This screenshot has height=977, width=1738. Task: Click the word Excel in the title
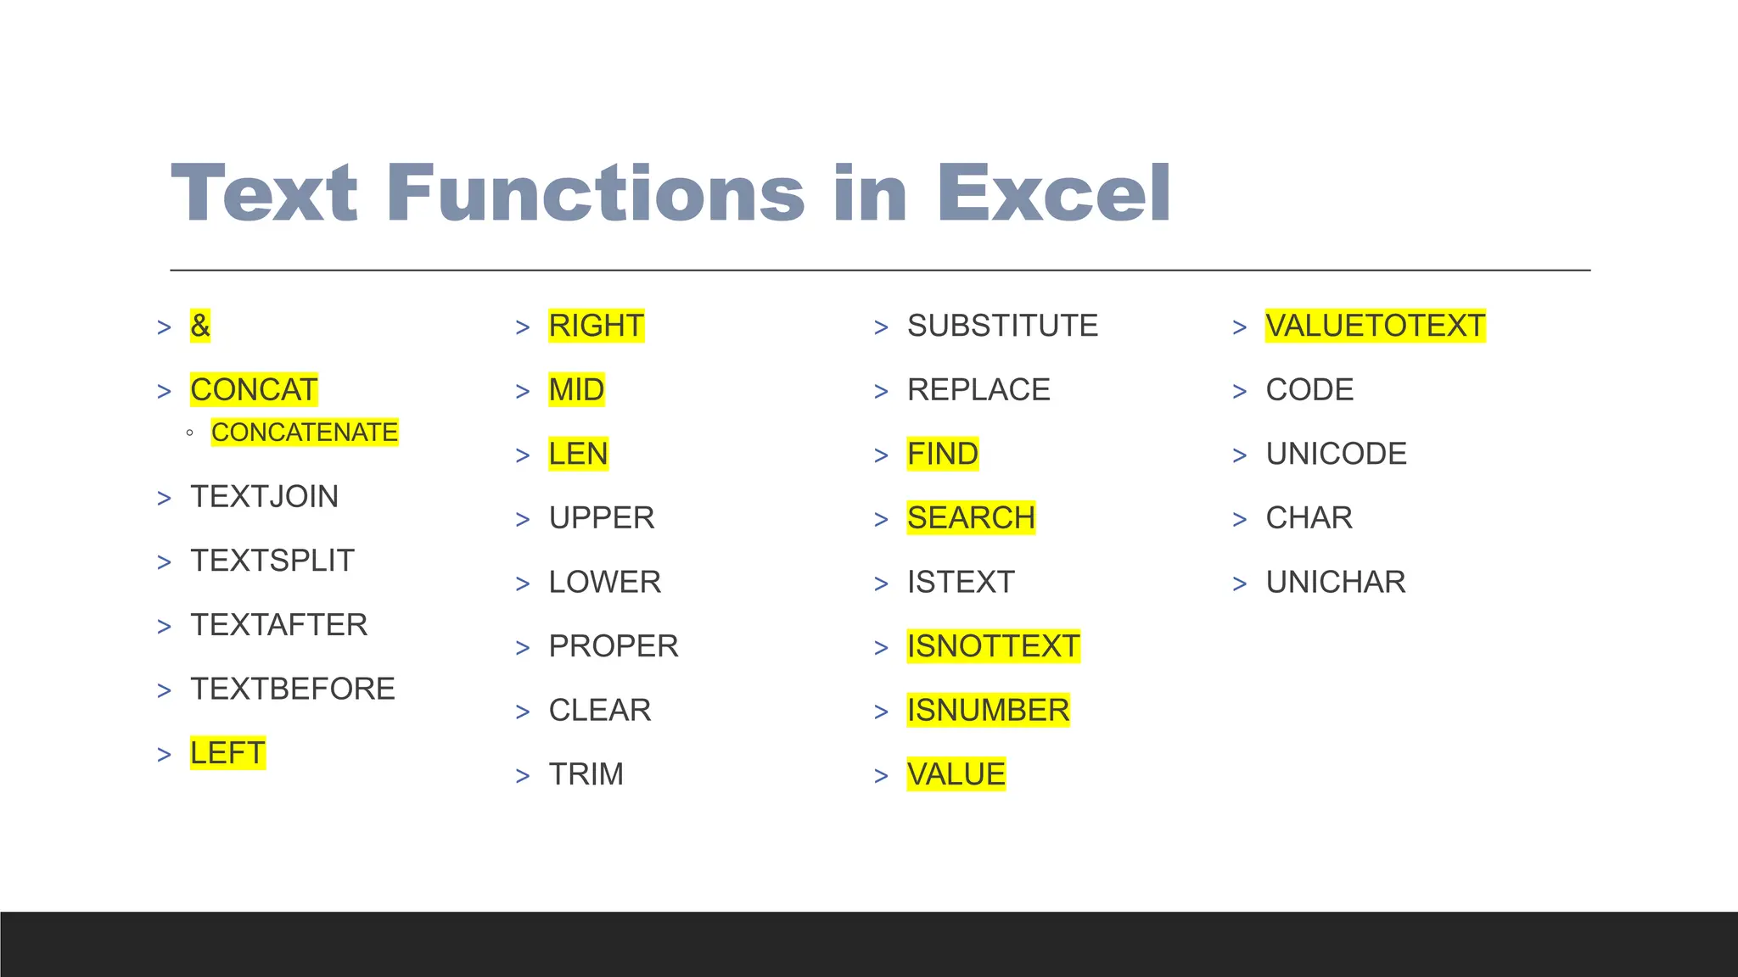[x=1053, y=193]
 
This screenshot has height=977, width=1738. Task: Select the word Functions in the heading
[x=595, y=193]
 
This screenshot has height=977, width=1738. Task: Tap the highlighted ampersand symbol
[x=200, y=326]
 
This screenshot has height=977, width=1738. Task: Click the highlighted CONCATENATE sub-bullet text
[x=305, y=433]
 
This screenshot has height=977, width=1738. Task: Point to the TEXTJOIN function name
[x=264, y=497]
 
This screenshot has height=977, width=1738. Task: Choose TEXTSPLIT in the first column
[x=272, y=561]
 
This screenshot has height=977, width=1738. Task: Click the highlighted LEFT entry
[x=227, y=753]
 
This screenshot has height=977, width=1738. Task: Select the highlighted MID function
[x=576, y=390]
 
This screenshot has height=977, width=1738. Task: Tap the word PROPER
[x=614, y=646]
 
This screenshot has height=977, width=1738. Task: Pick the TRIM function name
[x=586, y=774]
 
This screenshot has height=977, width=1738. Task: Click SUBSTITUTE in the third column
[x=1002, y=326]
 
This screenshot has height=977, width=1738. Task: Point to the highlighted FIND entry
[x=942, y=454]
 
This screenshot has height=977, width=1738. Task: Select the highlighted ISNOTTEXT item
[x=993, y=646]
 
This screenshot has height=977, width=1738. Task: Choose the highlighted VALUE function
[x=956, y=774]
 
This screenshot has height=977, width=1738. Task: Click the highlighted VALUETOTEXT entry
[x=1375, y=326]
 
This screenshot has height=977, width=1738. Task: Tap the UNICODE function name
[x=1336, y=454]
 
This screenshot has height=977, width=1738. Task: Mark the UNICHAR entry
[x=1336, y=583]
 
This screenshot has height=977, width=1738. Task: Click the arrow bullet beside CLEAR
[x=523, y=712]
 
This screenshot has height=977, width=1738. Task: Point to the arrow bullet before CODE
[x=1240, y=392]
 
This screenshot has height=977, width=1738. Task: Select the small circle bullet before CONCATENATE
[x=189, y=433]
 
